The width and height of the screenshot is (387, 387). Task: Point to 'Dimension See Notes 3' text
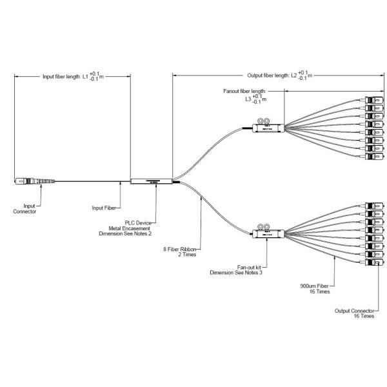tap(241, 272)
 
